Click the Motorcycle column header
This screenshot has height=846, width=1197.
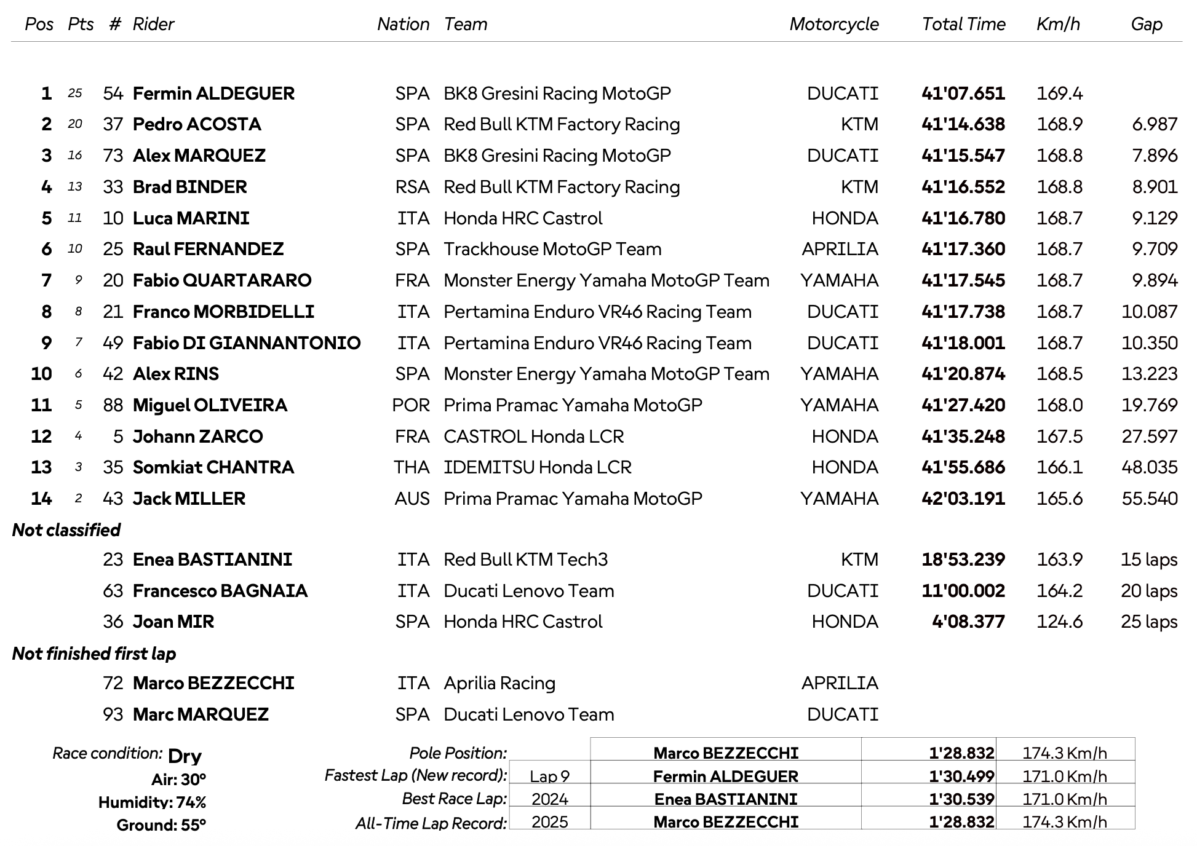coord(833,24)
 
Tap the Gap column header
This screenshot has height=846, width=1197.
coord(1146,24)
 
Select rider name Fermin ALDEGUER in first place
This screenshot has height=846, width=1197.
coord(213,93)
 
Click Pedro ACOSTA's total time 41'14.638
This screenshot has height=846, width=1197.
coord(963,124)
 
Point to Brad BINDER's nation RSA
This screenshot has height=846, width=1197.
coord(412,187)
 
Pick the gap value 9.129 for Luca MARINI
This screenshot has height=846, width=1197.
coord(1155,218)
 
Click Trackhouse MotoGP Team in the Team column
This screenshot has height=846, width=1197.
coord(552,249)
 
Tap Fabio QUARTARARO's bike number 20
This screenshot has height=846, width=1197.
coord(113,280)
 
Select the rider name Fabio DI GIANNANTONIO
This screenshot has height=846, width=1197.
coord(247,343)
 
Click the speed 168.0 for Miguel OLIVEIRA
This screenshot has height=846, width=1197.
coord(1059,405)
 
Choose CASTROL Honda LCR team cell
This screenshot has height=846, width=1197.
coord(533,437)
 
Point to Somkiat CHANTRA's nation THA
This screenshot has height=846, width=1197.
coord(412,467)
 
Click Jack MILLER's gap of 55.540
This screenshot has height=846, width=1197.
coord(1149,499)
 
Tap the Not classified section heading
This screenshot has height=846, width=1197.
coord(66,530)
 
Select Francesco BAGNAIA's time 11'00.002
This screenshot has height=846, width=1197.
coord(963,591)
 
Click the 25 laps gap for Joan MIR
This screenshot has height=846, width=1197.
coord(1148,622)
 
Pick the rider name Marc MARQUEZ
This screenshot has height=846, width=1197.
coord(201,714)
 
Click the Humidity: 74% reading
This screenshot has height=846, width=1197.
coord(152,802)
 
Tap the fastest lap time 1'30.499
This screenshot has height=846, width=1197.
coord(961,777)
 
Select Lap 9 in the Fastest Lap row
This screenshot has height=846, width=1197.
coord(549,777)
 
